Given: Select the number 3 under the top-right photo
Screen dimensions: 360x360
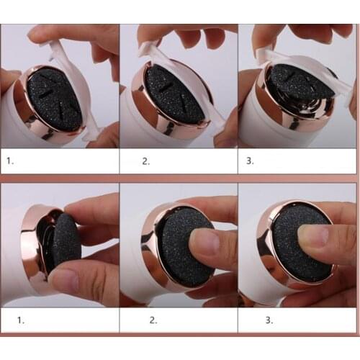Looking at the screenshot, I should click(250, 161).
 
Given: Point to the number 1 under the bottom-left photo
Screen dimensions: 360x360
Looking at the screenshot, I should click(10, 318).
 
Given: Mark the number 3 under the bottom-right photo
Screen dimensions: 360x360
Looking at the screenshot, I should click(250, 318).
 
